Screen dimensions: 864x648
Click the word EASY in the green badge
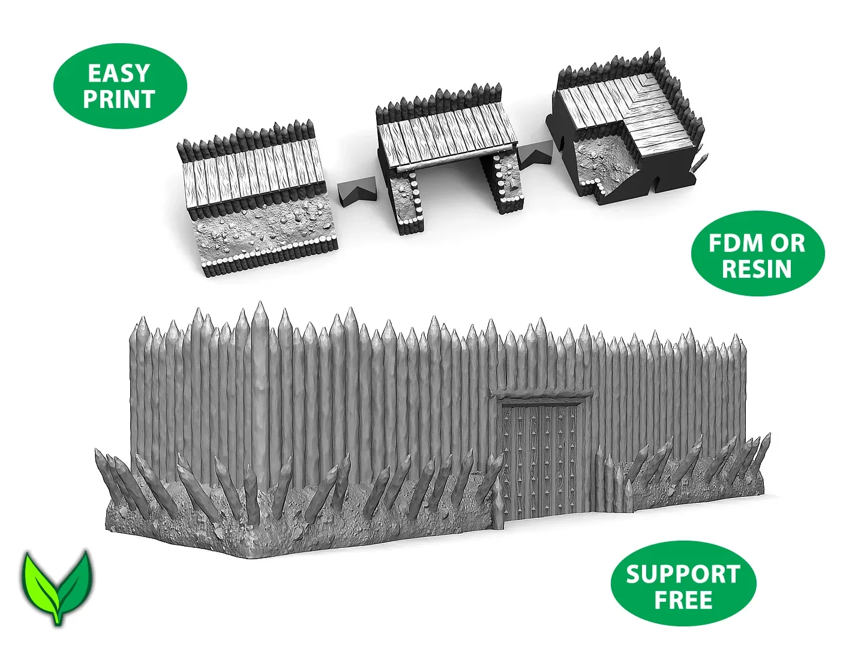click(x=118, y=74)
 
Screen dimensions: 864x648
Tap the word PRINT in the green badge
click(x=118, y=99)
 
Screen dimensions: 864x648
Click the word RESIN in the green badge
click(x=757, y=269)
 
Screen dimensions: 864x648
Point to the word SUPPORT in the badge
click(x=683, y=574)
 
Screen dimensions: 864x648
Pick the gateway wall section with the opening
click(x=447, y=157)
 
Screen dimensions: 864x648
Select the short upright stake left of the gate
click(x=499, y=508)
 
